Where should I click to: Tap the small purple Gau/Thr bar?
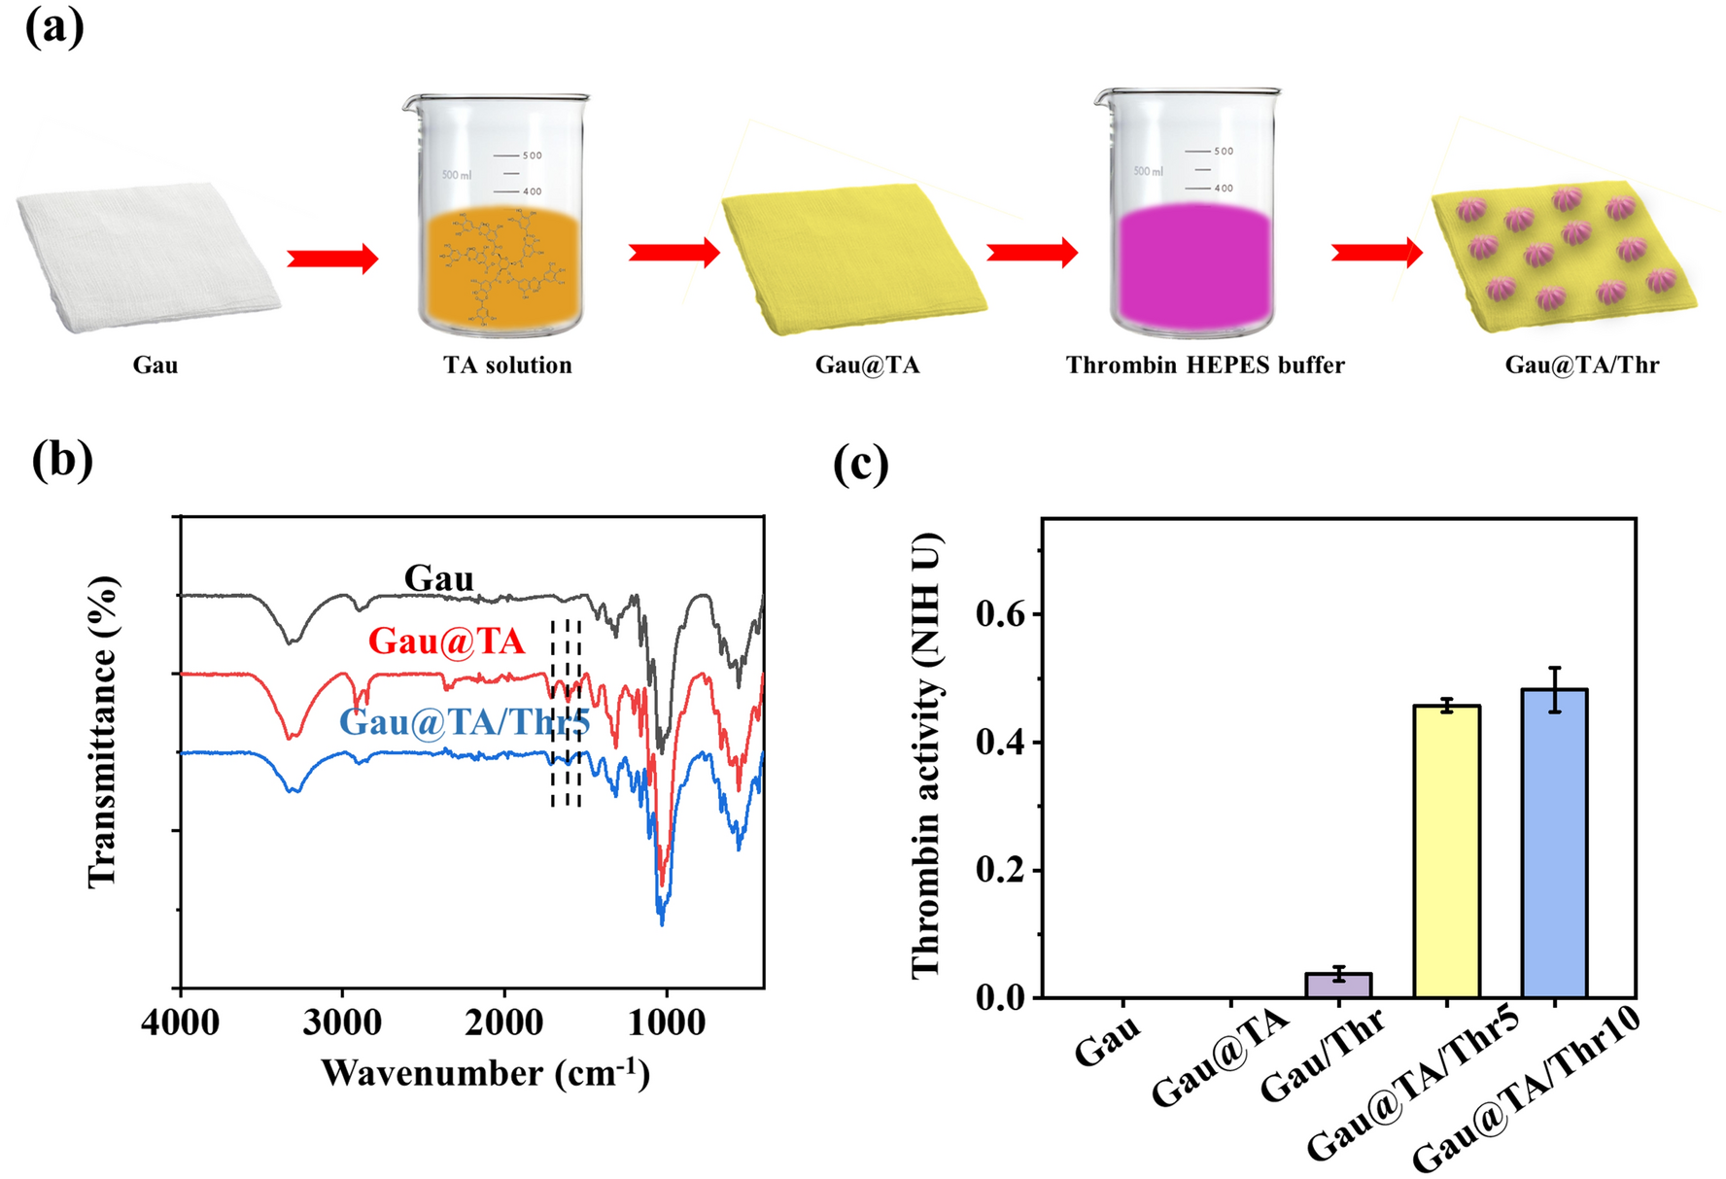1338,985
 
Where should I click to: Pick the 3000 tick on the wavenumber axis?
342,1023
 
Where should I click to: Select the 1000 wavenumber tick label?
666,1023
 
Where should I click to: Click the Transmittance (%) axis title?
102,731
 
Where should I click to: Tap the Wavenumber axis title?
485,1073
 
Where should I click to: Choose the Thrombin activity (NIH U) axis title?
926,755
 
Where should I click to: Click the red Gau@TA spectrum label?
446,642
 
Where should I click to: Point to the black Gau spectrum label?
438,578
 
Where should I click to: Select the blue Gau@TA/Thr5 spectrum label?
465,722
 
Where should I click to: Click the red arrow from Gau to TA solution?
332,259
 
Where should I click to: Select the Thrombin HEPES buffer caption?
1205,365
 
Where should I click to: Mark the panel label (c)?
860,465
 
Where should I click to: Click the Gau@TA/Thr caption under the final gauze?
1581,365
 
